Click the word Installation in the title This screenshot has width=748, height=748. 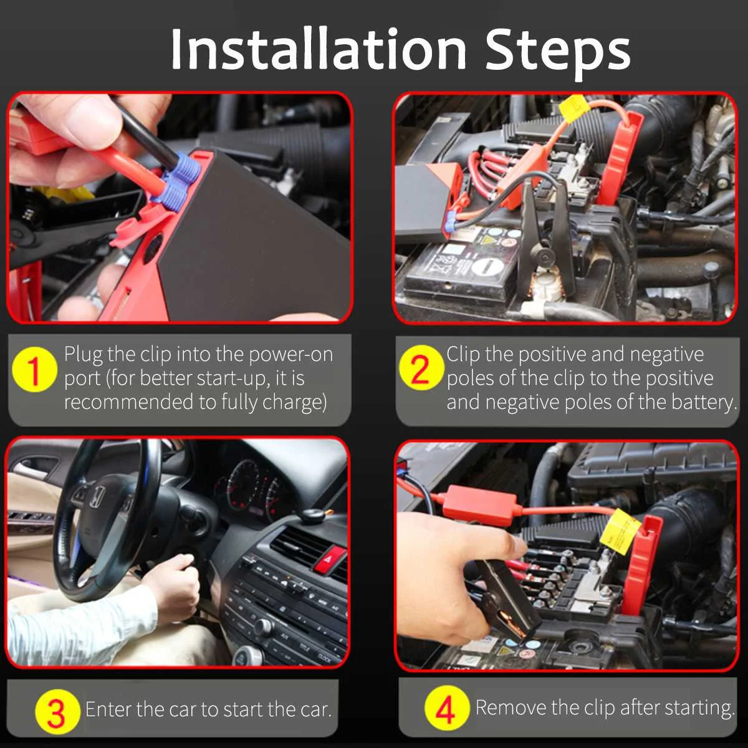[319, 49]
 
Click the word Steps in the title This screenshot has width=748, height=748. [558, 53]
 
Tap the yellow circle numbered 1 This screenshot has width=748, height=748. [34, 369]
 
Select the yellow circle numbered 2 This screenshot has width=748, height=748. [421, 367]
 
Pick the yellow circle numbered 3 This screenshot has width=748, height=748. [57, 711]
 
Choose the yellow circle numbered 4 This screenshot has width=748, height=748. [446, 708]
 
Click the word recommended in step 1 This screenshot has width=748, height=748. [128, 402]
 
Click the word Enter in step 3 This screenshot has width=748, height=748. [108, 709]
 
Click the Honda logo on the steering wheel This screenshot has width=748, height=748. [97, 497]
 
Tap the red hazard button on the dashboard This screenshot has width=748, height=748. [330, 559]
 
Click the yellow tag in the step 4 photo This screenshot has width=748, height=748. [620, 532]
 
